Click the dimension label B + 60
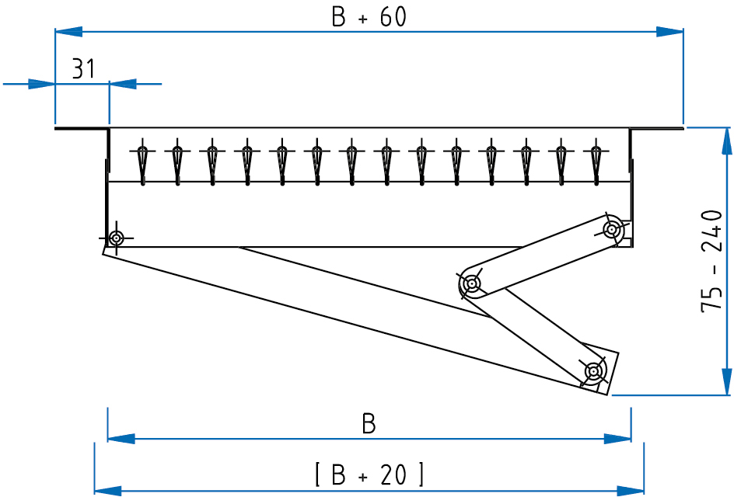369,17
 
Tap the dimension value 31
83,69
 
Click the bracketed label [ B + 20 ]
369,474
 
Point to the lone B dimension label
369,424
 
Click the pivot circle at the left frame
116,237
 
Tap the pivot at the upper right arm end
613,228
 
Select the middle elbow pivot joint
471,284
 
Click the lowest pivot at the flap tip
593,371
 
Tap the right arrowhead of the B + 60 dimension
670,32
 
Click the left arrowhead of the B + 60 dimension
68,32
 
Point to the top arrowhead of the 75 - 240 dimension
725,140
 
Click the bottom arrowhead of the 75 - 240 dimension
725,382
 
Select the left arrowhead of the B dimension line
121,439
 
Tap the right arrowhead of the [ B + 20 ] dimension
631,490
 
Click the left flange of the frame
81,128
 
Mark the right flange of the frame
657,127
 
